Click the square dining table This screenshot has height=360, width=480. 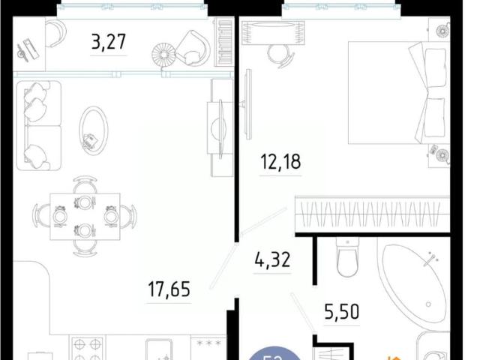click(x=85, y=216)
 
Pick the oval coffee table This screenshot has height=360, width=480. click(x=93, y=130)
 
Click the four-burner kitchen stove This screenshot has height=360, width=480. click(x=88, y=349)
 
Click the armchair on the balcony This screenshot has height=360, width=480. click(x=194, y=48)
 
